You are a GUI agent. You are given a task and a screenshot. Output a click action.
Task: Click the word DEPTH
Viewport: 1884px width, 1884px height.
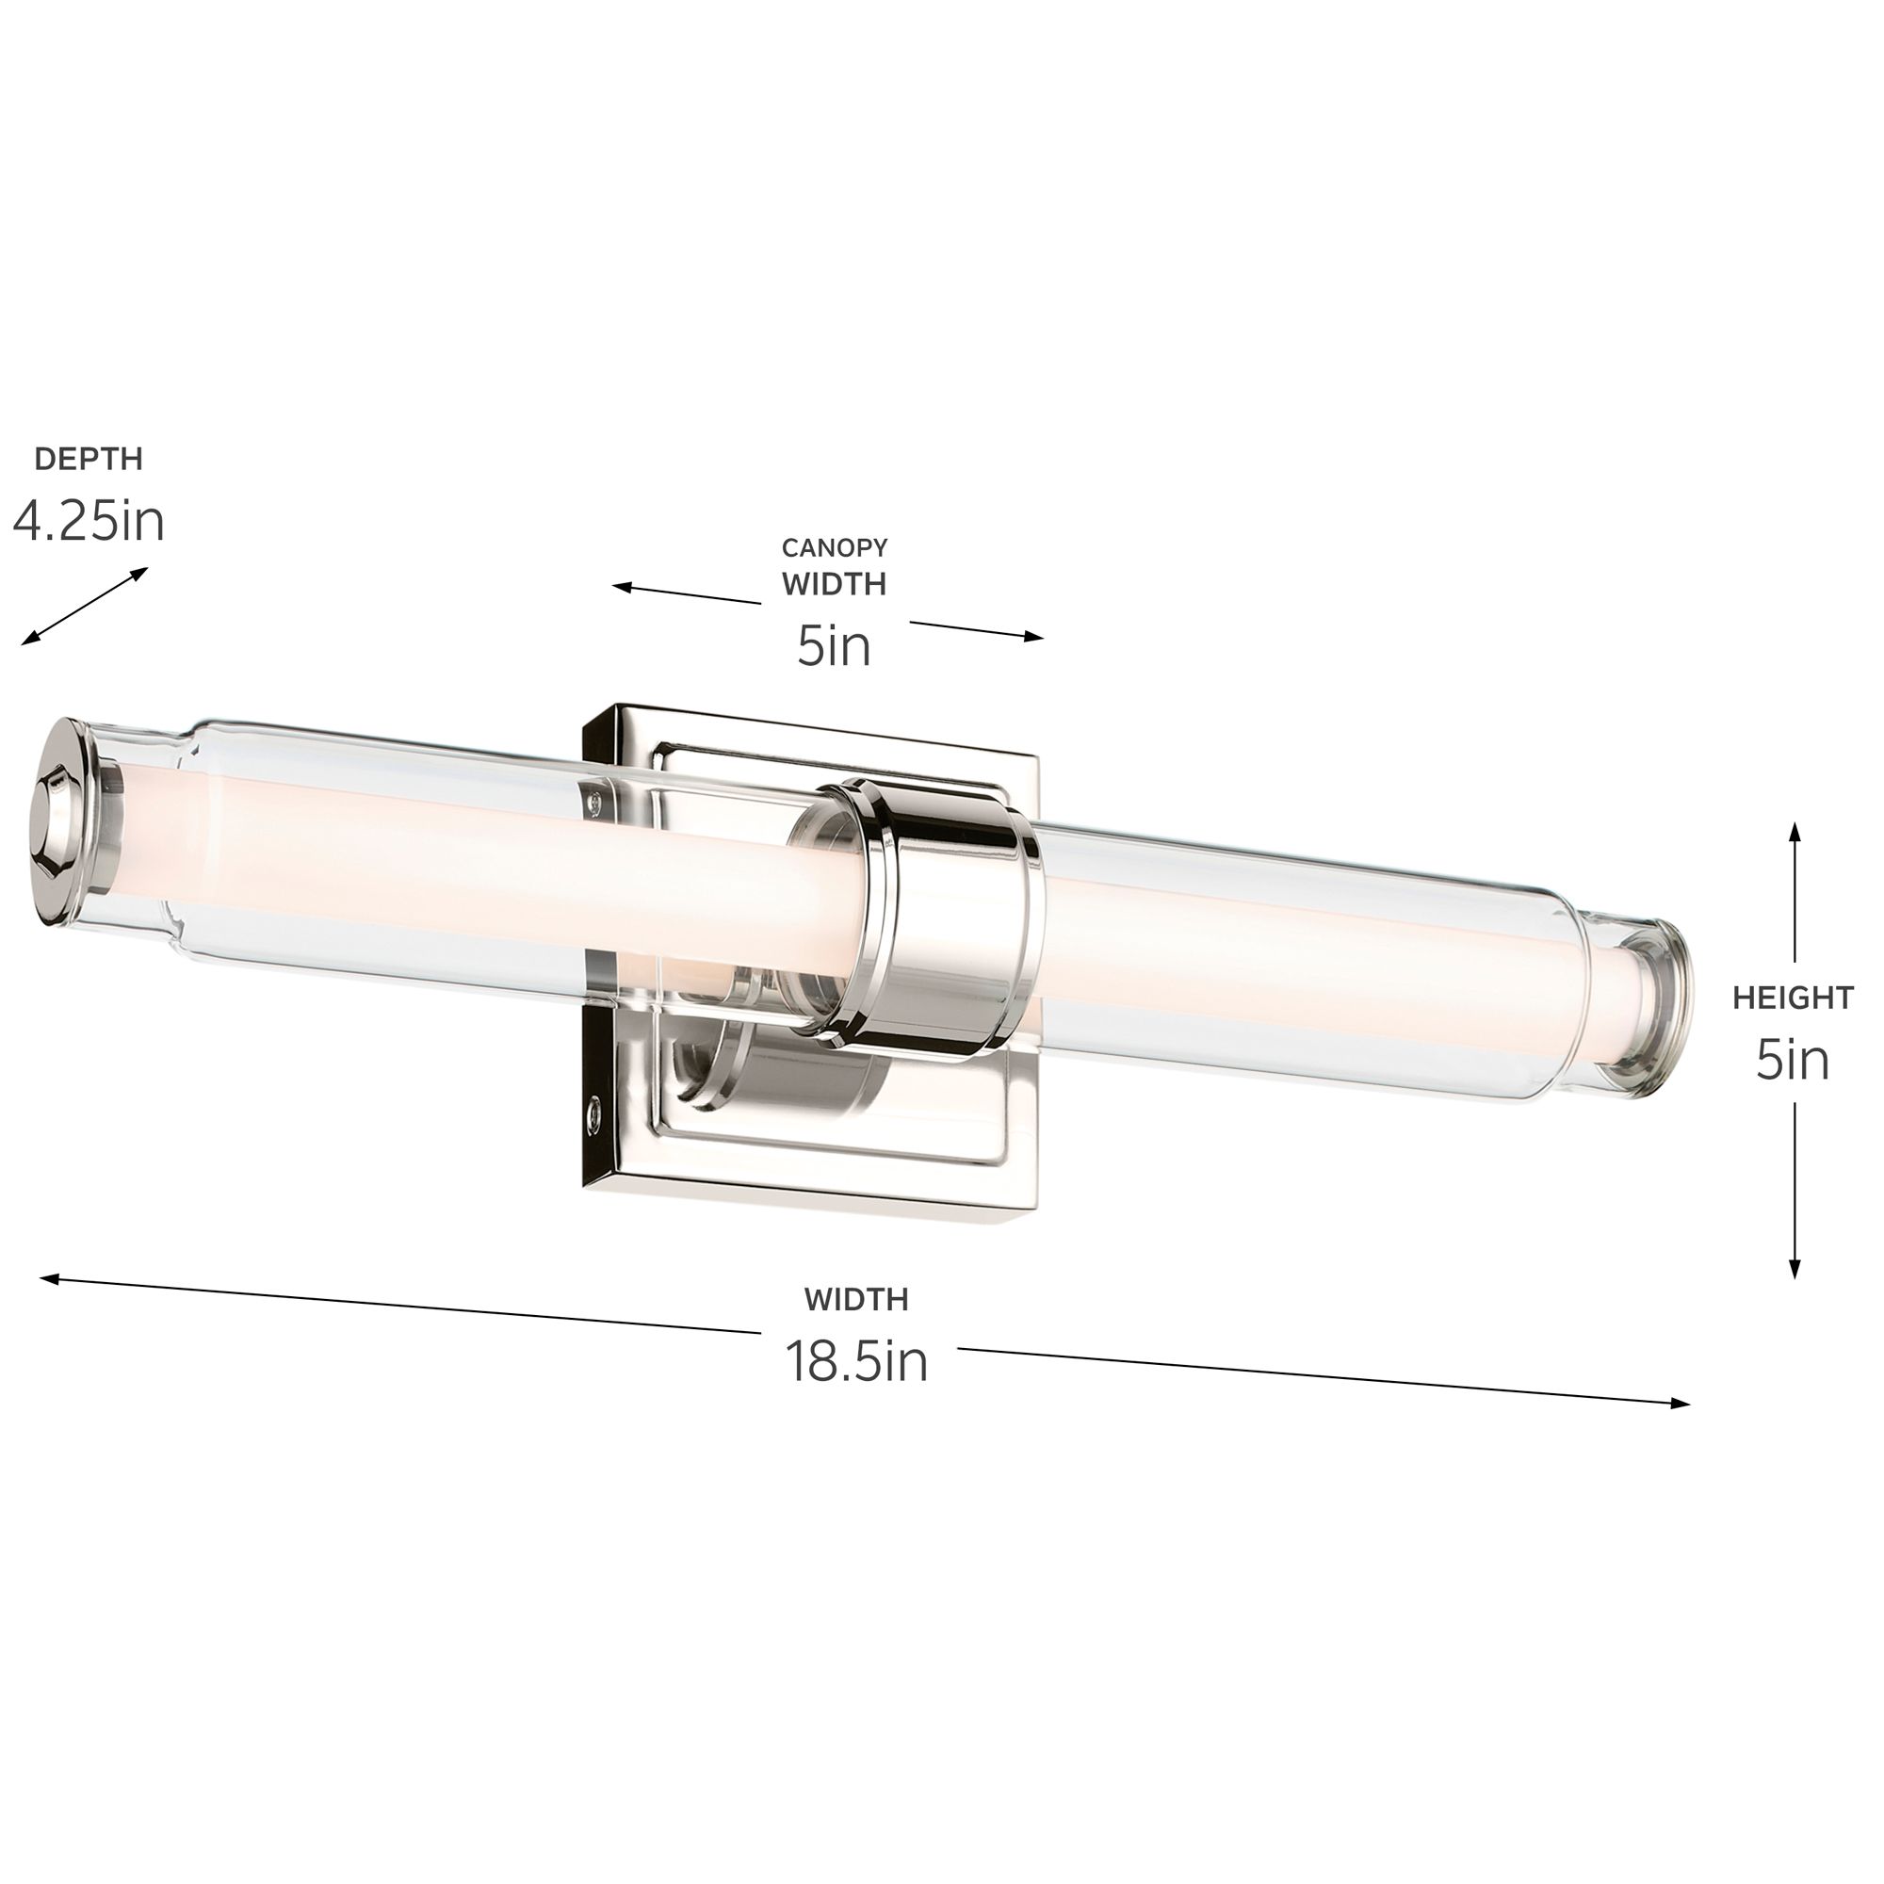pos(89,460)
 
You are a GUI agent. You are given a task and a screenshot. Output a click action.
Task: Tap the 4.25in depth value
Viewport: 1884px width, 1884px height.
pos(89,522)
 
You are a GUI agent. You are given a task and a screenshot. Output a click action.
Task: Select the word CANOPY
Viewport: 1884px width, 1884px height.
pos(834,548)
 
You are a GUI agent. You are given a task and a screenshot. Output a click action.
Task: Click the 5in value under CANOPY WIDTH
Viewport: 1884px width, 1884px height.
pos(834,645)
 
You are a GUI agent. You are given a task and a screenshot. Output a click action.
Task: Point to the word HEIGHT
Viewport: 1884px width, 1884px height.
pos(1793,998)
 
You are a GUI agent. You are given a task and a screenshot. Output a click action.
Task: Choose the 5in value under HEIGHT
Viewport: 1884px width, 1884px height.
pos(1793,1060)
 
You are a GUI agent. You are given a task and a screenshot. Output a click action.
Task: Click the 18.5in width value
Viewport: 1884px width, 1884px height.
pos(856,1361)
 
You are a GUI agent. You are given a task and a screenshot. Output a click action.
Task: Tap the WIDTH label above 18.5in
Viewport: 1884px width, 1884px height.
pos(856,1300)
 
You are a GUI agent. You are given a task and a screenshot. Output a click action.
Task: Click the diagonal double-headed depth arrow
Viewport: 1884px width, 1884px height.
pos(85,606)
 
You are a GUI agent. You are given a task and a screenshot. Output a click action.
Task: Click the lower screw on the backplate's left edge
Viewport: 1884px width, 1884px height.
pos(593,1111)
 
